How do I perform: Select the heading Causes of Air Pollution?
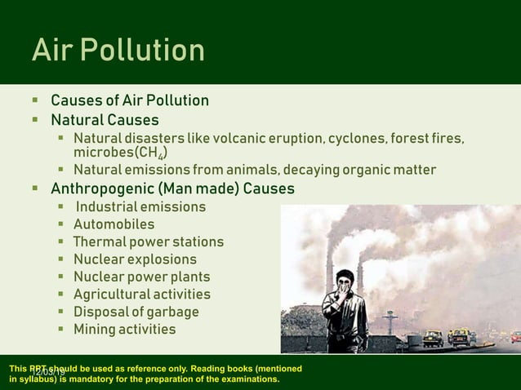[x=130, y=101]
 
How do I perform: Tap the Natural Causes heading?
[x=105, y=121]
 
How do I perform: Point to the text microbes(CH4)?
[x=122, y=153]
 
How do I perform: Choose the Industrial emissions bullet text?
[x=140, y=207]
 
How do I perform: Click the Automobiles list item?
[x=114, y=224]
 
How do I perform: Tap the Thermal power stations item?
[x=148, y=242]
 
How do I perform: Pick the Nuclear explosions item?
[x=135, y=259]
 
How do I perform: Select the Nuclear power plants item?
[x=141, y=277]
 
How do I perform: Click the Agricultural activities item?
[x=141, y=295]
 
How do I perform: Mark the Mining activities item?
[x=124, y=330]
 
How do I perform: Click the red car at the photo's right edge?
[x=515, y=336]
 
